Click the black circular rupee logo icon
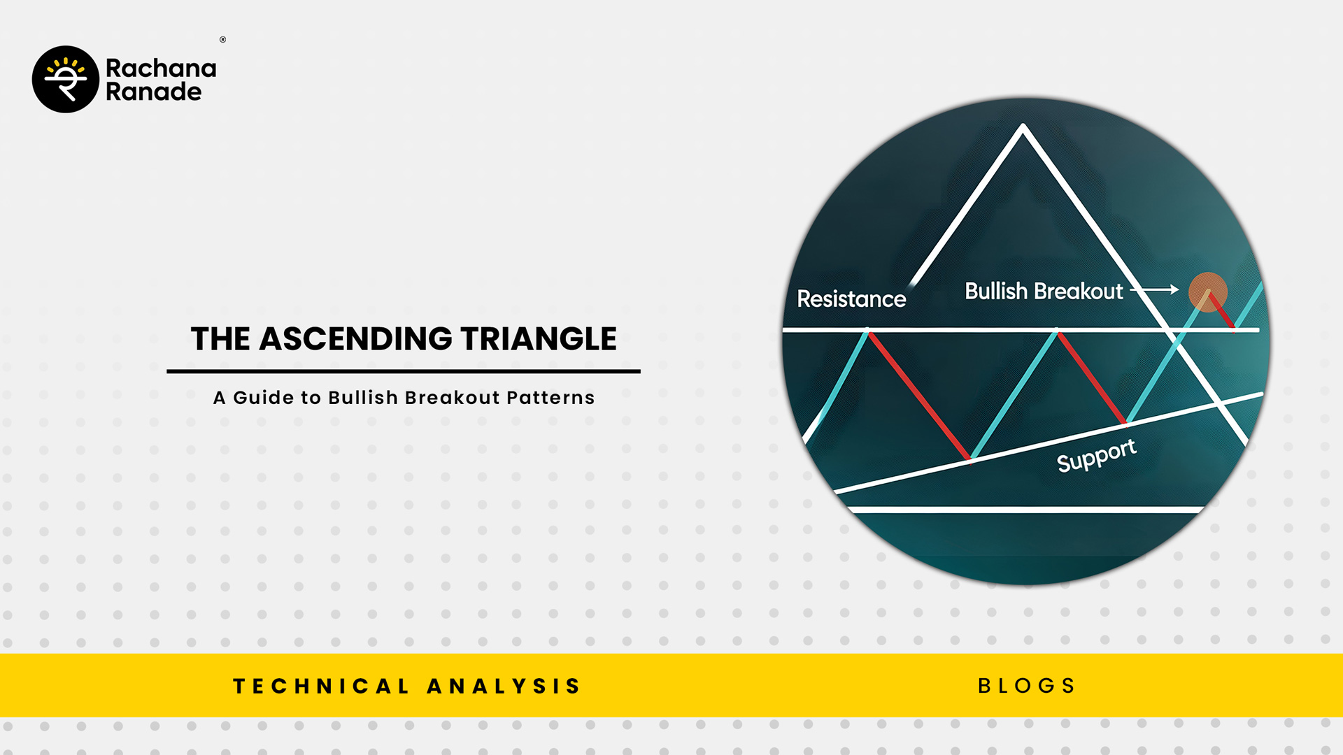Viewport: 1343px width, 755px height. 66,79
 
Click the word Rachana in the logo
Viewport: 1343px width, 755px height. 161,68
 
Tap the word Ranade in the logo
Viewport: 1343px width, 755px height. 154,92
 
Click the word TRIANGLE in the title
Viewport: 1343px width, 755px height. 539,339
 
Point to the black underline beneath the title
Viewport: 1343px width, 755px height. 404,371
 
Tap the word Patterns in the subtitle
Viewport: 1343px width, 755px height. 550,398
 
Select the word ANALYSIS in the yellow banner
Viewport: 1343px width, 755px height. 504,686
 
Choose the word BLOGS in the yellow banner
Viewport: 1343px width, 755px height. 1026,686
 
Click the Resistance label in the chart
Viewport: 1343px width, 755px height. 851,299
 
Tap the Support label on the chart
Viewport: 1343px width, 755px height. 1096,456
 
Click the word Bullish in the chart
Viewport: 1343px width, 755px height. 996,291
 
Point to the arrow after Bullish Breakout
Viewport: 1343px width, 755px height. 1156,289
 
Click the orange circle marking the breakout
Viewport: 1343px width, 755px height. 1208,292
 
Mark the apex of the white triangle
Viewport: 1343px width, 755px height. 1023,126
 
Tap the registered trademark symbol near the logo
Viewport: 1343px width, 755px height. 222,40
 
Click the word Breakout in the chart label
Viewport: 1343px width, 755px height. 1078,291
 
